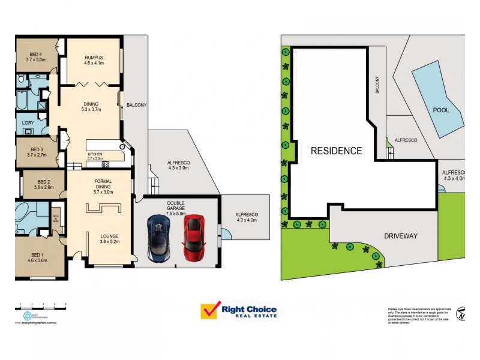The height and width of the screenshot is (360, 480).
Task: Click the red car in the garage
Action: pyautogui.click(x=193, y=238)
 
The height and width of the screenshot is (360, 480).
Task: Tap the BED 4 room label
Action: pyautogui.click(x=36, y=58)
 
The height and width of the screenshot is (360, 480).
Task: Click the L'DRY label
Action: pyautogui.click(x=28, y=123)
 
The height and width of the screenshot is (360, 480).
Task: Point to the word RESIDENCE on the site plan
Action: pyautogui.click(x=336, y=151)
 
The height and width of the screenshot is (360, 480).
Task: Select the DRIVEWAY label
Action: pyautogui.click(x=400, y=236)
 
